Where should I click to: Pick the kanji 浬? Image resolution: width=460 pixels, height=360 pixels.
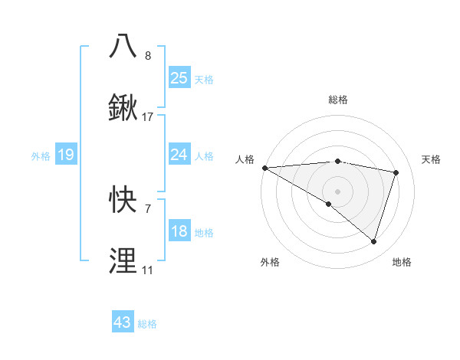pos(123,260)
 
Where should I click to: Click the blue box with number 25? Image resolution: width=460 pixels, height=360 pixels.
pos(179,77)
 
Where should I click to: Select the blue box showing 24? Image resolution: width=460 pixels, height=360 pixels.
pos(179,155)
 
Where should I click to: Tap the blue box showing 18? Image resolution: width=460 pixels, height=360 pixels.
pos(179,231)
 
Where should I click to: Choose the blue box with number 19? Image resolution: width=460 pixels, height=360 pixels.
pos(65,155)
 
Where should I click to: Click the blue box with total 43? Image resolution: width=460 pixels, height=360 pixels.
pos(123,322)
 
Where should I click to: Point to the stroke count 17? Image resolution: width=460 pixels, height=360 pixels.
pos(148,117)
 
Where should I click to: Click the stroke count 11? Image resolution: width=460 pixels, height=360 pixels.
pos(147,270)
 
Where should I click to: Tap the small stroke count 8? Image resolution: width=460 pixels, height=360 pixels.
pos(148,56)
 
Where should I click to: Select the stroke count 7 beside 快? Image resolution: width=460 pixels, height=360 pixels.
pos(148,208)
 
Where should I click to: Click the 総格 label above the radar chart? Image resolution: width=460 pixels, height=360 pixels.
pos(337,100)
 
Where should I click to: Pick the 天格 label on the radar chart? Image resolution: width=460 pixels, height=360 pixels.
pos(431,159)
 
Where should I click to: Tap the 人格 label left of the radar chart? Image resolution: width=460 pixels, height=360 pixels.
pos(244,159)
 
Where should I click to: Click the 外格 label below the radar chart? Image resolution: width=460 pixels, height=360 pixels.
pos(270,262)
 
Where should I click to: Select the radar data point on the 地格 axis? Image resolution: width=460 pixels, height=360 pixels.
pos(373,242)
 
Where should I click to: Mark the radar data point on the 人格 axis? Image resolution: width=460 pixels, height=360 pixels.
pos(264,168)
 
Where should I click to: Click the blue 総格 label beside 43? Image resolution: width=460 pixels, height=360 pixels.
pos(147,324)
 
